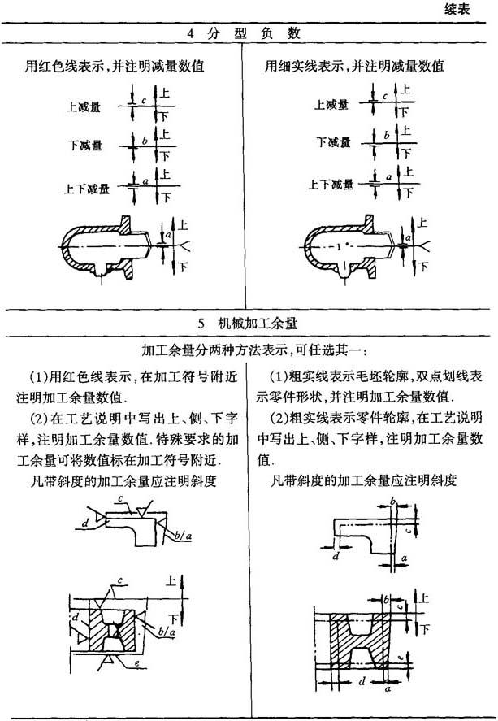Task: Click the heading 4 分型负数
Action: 244,33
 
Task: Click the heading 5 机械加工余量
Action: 248,324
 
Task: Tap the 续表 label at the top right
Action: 457,9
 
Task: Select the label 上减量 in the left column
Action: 83,107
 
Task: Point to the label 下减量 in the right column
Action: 334,142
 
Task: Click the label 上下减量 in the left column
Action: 87,189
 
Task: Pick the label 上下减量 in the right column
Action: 331,185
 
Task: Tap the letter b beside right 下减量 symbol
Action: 387,136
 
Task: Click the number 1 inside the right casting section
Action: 339,247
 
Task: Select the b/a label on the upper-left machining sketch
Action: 183,535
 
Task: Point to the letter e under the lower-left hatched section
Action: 137,664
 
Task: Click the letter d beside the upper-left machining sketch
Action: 85,523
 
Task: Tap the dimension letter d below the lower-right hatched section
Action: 362,681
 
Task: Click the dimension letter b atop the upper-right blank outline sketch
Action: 392,501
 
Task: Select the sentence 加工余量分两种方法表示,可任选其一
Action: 254,351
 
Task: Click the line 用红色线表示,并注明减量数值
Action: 115,66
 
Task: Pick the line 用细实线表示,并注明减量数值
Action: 354,66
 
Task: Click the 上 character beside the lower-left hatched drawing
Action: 171,580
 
